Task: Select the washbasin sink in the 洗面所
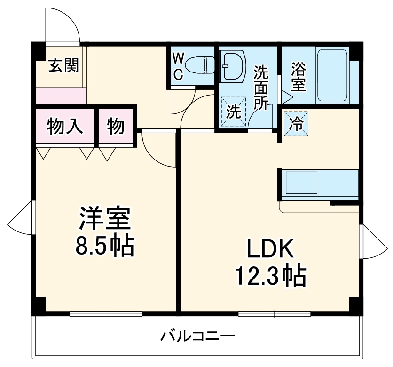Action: [x=232, y=64]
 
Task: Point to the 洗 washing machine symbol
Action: [x=233, y=112]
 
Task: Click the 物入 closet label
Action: [x=65, y=126]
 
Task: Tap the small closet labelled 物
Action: [x=116, y=126]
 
